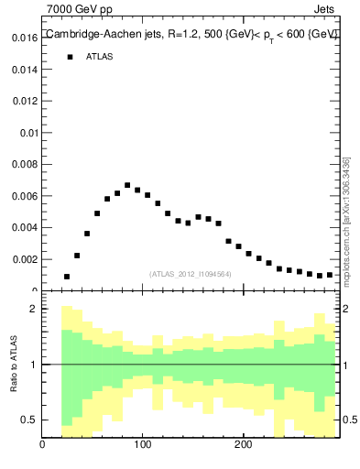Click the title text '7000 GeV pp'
click(79, 9)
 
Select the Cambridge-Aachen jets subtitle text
click(191, 34)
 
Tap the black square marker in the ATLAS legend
click(69, 57)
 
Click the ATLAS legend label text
click(100, 57)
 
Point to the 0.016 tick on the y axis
click(24, 38)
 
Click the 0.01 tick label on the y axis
click(27, 133)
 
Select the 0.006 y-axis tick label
click(24, 196)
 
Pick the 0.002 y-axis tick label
click(24, 259)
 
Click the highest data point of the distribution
click(127, 185)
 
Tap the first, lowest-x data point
click(67, 277)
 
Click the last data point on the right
click(330, 274)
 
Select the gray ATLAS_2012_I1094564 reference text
click(191, 274)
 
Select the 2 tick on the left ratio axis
click(33, 309)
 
